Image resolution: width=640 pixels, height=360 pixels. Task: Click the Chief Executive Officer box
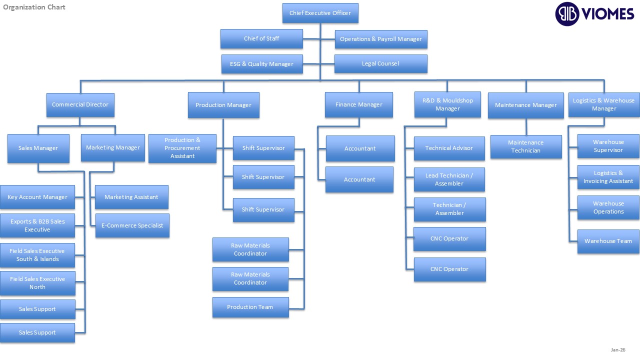(x=320, y=13)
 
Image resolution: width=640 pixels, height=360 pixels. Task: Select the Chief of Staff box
(x=261, y=38)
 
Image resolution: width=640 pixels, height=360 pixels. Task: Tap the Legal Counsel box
(x=380, y=63)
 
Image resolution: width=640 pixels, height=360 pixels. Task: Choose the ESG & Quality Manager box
(x=262, y=64)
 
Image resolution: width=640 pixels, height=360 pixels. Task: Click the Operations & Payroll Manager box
(x=380, y=39)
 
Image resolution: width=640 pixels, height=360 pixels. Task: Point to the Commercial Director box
(x=80, y=104)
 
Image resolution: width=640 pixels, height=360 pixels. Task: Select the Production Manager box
(x=223, y=105)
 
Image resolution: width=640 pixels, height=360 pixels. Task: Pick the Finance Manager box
(x=358, y=104)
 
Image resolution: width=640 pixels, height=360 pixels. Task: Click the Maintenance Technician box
(x=526, y=146)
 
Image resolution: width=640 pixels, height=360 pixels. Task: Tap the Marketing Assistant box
(x=131, y=197)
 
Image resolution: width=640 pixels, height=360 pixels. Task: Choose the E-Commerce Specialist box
(x=132, y=225)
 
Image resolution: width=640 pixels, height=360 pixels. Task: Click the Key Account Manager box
(x=37, y=197)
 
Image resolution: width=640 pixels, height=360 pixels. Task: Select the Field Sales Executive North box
(x=37, y=283)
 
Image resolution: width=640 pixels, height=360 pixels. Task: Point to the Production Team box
(x=250, y=307)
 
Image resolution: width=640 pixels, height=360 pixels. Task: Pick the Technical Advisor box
(x=449, y=148)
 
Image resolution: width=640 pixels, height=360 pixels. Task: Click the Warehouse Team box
(x=608, y=241)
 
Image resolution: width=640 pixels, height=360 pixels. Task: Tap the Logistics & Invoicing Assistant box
(x=608, y=177)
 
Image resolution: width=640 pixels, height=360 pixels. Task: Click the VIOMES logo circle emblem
(x=567, y=13)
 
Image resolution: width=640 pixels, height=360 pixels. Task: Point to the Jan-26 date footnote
(x=618, y=349)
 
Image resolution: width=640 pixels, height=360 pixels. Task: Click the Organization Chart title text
(x=34, y=7)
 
